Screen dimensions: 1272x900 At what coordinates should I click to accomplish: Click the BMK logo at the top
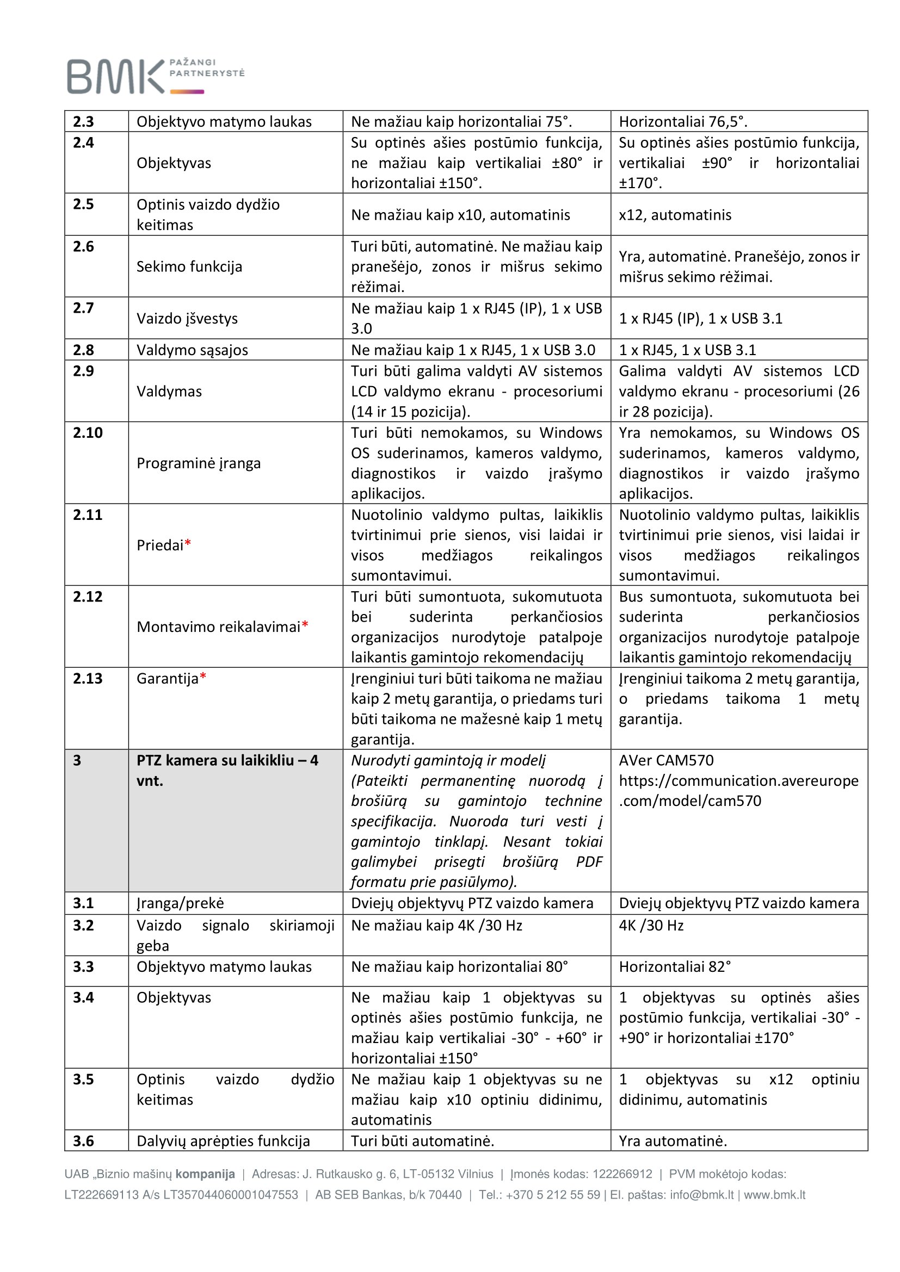tap(155, 76)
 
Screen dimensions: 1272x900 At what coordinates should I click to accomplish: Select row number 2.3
tap(84, 121)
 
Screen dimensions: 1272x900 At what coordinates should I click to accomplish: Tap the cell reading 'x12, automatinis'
tap(675, 214)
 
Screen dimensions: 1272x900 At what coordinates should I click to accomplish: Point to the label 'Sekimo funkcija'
tap(189, 266)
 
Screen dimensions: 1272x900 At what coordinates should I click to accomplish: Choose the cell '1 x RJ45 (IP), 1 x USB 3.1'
tap(700, 318)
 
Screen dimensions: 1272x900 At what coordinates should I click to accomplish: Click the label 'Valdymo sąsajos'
tap(192, 350)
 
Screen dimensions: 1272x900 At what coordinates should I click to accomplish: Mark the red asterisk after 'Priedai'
tap(188, 544)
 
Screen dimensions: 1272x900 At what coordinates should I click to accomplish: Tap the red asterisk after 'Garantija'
tap(203, 677)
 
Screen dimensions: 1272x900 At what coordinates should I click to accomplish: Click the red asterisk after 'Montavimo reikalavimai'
tap(305, 625)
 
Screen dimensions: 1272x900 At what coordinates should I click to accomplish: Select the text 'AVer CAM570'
tap(666, 760)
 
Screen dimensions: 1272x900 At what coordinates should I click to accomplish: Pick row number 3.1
tap(84, 903)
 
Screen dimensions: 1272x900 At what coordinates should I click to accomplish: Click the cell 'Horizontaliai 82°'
tap(675, 967)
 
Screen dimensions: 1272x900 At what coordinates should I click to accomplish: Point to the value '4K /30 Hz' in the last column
tap(651, 925)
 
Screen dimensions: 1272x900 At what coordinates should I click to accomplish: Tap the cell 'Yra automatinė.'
tap(673, 1141)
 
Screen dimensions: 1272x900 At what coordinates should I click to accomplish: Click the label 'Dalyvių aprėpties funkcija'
tap(223, 1141)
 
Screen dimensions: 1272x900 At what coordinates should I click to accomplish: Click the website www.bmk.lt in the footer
tap(774, 1195)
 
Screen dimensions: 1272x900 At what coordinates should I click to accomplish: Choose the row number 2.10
tap(88, 432)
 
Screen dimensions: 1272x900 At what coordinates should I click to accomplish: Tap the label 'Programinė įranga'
tap(199, 463)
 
